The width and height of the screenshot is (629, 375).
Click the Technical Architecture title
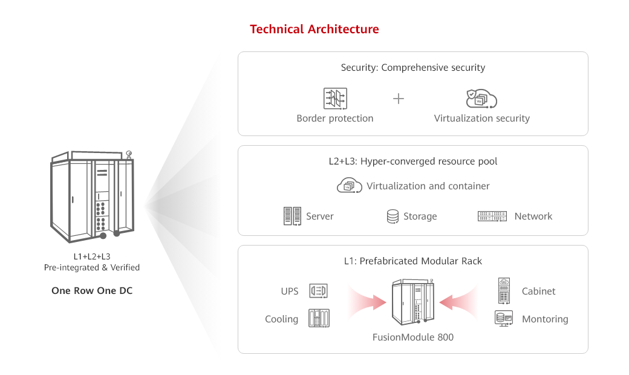(x=314, y=29)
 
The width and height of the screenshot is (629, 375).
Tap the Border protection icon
(x=334, y=98)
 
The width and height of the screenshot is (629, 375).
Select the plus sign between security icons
(x=399, y=99)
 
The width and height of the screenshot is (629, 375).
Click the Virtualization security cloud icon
(x=481, y=98)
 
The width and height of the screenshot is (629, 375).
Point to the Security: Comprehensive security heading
(x=412, y=68)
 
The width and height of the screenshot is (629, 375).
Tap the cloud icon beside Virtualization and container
(x=349, y=186)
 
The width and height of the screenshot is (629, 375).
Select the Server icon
(x=292, y=216)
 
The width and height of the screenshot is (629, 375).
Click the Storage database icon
(x=393, y=216)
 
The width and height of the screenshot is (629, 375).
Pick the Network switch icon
(x=492, y=216)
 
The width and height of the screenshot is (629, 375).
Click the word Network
(x=533, y=216)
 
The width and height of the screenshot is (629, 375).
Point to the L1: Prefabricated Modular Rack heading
(x=412, y=261)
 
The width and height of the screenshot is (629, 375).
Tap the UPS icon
(x=318, y=291)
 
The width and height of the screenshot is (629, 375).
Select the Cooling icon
(x=319, y=318)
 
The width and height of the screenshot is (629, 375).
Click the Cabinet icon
(x=504, y=290)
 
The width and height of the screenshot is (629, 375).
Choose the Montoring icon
(x=503, y=318)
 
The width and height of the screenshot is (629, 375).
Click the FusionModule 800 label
(x=412, y=337)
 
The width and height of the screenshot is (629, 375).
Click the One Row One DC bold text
(x=92, y=291)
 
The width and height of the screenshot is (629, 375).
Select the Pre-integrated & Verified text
(x=92, y=267)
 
